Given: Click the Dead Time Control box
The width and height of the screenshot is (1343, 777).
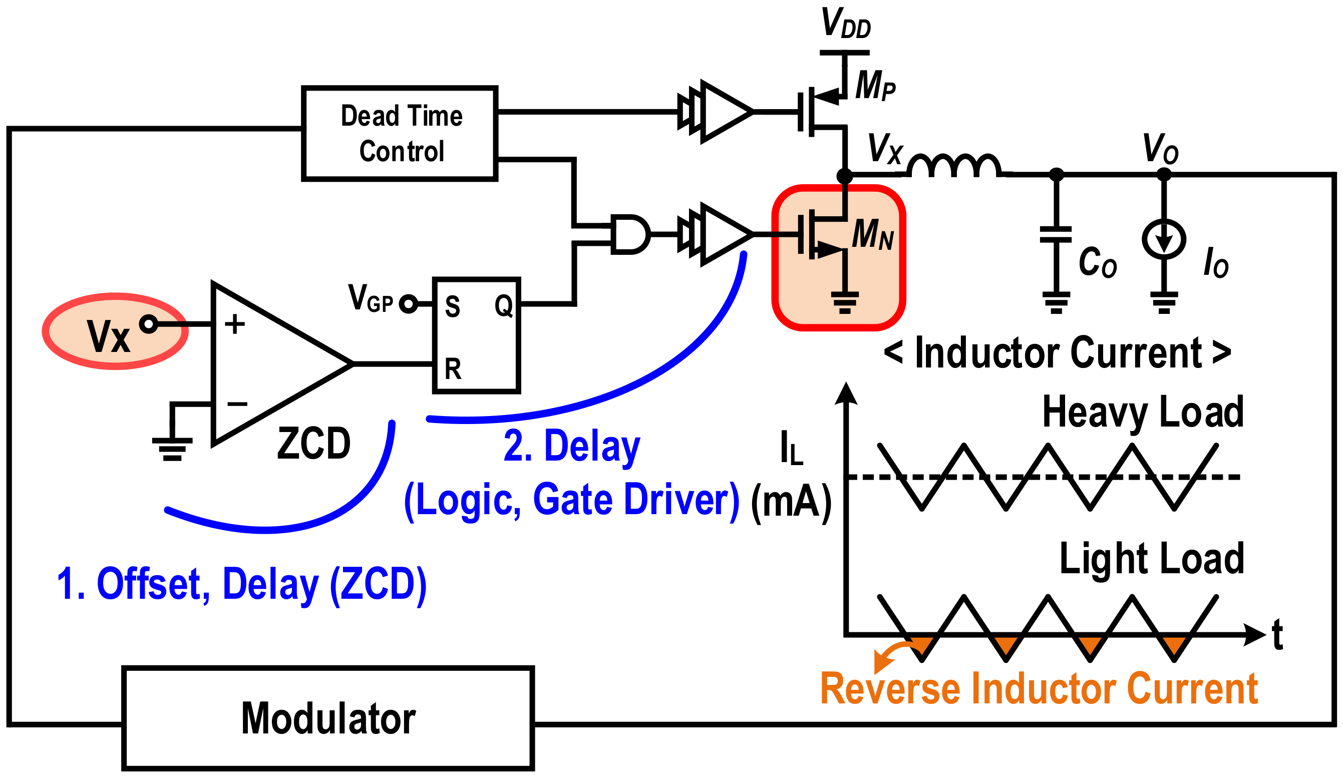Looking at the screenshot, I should coord(399,133).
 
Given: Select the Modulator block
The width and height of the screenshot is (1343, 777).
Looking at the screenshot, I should coord(328,718).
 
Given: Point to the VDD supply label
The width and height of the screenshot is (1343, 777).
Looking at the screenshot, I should coord(845,24).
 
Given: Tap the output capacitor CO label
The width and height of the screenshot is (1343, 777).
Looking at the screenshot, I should coord(1097,262).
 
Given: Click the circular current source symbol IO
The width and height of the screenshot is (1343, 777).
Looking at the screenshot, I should coord(1163,239).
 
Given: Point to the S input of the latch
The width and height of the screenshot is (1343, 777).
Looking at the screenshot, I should coord(452,306).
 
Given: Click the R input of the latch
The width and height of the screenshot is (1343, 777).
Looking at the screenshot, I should coord(453,369).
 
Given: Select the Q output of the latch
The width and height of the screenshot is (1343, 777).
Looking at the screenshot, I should coord(503,305).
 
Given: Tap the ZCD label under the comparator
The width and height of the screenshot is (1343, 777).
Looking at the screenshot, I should coord(314,443).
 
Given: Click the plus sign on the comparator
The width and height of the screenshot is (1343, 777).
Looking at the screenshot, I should coord(234,324).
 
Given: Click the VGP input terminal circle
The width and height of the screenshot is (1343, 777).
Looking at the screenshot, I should coord(408,304).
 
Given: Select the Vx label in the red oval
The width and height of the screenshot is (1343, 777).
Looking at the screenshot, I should coord(108,336).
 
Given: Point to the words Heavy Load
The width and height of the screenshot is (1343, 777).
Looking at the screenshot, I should coord(1143,412).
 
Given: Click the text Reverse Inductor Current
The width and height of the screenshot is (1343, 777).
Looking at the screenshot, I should coord(1038,688).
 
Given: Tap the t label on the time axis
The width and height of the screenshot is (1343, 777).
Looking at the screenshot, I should coord(1277,635).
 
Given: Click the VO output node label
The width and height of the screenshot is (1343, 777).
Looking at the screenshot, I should coord(1160,149).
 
